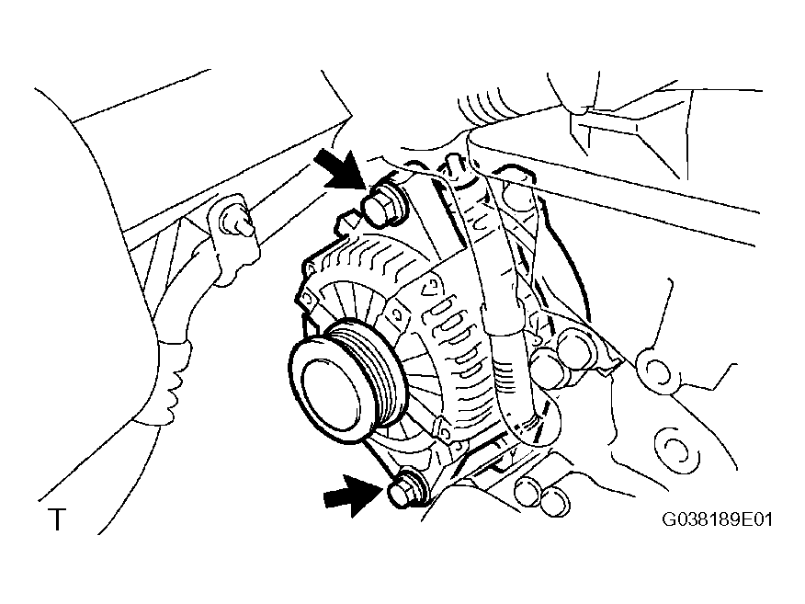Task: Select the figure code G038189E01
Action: pyautogui.click(x=717, y=519)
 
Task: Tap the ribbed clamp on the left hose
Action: pyautogui.click(x=172, y=382)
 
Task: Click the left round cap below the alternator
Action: pyautogui.click(x=528, y=492)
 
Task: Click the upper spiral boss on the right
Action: pyautogui.click(x=657, y=370)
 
